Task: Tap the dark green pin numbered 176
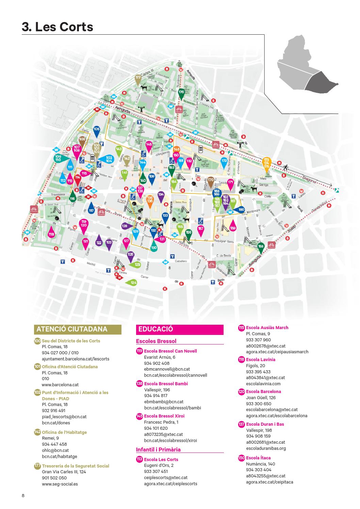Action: (181, 93)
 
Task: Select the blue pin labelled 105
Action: (96, 130)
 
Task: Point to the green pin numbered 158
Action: (261, 247)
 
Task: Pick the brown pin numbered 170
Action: (211, 181)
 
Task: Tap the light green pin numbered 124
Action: (132, 283)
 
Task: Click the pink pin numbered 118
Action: (51, 235)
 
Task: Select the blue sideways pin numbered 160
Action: (240, 210)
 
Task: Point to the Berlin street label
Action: (221, 280)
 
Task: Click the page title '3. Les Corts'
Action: (58, 27)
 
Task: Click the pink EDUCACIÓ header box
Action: (180, 329)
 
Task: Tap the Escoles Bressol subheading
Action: (156, 341)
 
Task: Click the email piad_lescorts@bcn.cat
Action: (64, 417)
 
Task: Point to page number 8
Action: (23, 495)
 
